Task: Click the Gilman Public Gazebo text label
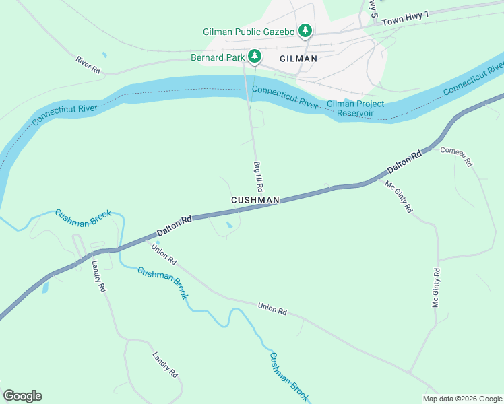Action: coord(249,31)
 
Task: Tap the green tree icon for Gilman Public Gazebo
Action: coord(305,30)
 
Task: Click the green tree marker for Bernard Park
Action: coord(255,56)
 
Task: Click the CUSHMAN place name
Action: coord(255,200)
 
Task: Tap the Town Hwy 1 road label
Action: coord(404,22)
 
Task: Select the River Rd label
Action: coord(88,65)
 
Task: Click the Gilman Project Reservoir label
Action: coord(355,108)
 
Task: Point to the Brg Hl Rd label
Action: coord(257,175)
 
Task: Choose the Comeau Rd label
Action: coord(457,156)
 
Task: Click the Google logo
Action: coord(22,395)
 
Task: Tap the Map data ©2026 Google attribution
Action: coord(462,399)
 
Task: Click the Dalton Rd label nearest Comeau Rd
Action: coord(404,162)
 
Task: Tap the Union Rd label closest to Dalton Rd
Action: coord(164,254)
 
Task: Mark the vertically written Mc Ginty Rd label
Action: coord(436,288)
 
